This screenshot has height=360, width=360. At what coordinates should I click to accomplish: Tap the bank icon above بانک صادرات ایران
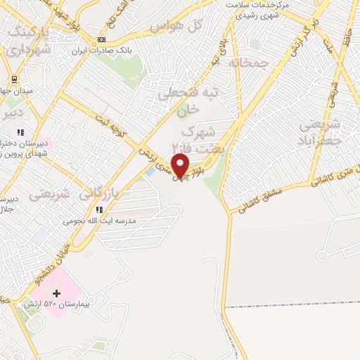click(103, 39)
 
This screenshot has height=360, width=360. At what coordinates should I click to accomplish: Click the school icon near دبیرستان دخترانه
click(20, 131)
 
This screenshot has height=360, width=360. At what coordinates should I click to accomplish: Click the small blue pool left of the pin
click(149, 171)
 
